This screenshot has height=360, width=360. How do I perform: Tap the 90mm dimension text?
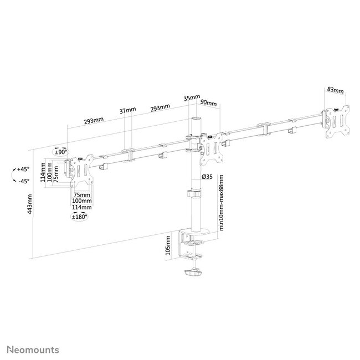(208, 102)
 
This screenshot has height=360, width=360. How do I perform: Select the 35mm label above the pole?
(191, 98)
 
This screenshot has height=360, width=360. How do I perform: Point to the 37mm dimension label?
(127, 111)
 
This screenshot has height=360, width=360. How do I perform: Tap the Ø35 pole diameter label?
(208, 176)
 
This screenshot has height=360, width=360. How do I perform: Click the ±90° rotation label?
(60, 151)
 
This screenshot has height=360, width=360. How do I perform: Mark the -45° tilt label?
(23, 181)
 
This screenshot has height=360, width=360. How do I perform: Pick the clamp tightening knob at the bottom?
(194, 273)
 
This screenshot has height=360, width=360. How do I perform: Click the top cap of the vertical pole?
(196, 119)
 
